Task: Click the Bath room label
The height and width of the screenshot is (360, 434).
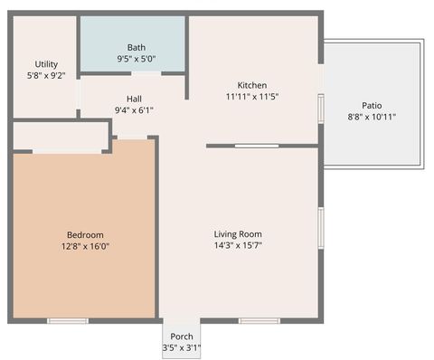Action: coord(137,47)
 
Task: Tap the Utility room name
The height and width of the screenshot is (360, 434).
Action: coord(46,64)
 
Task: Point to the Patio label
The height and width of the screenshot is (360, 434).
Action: coord(372,105)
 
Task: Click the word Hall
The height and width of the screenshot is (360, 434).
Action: coord(134,99)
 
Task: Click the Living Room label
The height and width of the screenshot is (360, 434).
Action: coord(238,233)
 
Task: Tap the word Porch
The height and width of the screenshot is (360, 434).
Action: coord(182,336)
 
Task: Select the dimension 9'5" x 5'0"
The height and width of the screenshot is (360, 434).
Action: coord(137,59)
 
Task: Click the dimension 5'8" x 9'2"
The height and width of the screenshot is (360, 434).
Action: coord(46,76)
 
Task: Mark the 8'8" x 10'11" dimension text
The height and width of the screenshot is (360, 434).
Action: coord(372,117)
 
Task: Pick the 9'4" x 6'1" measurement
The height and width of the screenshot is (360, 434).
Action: coord(134,110)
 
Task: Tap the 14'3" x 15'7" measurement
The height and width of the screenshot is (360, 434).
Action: coord(238,245)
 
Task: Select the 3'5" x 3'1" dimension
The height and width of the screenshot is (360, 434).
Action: coord(182,347)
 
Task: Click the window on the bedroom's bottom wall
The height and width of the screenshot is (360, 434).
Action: coord(68,320)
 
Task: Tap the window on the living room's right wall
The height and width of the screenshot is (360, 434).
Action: coord(320,227)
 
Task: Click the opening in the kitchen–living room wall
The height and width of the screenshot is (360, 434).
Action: coord(257,146)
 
